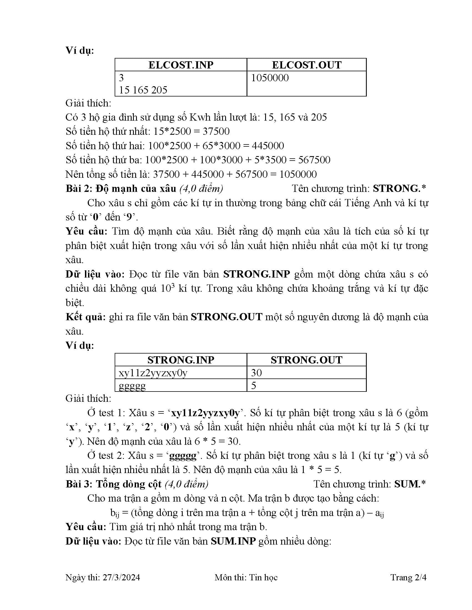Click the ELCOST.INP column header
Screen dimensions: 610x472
pos(181,65)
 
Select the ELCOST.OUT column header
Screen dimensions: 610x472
pos(307,65)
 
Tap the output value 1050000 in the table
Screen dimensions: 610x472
pos(270,78)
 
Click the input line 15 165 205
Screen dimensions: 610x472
pos(143,90)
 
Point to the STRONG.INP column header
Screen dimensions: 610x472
pos(181,360)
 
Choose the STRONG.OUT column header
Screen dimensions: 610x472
pos(307,360)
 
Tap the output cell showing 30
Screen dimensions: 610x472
pos(256,373)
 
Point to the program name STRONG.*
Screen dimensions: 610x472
pos(399,189)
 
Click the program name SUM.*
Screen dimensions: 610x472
pos(410,484)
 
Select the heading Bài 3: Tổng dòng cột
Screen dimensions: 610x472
pos(114,484)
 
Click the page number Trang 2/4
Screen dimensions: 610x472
pos(408,577)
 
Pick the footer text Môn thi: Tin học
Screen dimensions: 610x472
pos(246,577)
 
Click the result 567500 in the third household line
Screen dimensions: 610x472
pos(314,160)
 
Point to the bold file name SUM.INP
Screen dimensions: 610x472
pos(233,541)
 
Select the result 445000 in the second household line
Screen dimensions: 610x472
pos(268,146)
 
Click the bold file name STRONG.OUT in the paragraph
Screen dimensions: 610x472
pos(227,317)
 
